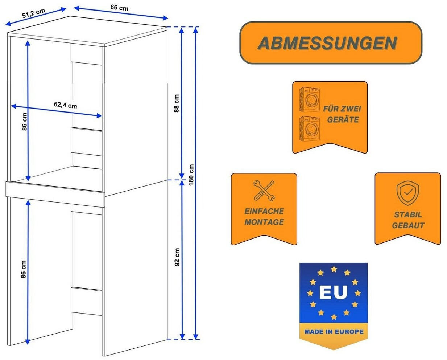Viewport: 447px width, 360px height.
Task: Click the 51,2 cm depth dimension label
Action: [33, 13]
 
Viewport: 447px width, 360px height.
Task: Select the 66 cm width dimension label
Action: [119, 7]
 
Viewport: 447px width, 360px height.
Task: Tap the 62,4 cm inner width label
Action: [65, 105]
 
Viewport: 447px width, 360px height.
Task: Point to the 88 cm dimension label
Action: [177, 103]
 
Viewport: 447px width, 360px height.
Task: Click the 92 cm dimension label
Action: [177, 257]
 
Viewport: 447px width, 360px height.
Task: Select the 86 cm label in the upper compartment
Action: [24, 122]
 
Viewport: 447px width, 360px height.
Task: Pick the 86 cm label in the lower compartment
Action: [24, 269]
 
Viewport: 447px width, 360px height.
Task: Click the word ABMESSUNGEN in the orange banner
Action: [327, 43]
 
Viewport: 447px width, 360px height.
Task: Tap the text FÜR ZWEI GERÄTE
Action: [342, 114]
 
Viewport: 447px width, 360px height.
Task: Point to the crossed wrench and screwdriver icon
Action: [264, 191]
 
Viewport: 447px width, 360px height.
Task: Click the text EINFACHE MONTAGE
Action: [264, 216]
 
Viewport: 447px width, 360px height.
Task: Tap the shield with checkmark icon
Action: [407, 193]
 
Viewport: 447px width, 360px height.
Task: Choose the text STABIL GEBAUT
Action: [408, 220]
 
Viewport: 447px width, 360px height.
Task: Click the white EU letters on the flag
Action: [333, 292]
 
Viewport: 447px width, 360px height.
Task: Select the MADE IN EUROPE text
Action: [334, 331]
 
